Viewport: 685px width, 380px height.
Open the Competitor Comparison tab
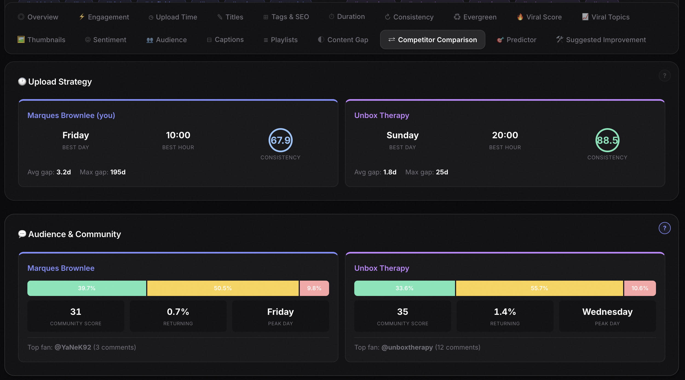432,40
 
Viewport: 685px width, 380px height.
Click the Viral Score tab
539,17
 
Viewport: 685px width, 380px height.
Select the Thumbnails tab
41,40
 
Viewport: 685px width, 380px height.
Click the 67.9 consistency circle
280,140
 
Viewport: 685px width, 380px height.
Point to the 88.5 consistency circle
607,140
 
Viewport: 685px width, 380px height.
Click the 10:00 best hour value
178,135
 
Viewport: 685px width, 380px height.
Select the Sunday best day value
402,135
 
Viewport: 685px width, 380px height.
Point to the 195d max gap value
118,172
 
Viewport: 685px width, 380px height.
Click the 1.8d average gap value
390,172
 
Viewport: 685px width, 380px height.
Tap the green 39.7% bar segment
87,288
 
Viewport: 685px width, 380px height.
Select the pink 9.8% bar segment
314,288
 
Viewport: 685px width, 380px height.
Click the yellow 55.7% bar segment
539,288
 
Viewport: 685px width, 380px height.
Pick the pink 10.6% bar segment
640,288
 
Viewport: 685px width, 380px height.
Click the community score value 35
402,312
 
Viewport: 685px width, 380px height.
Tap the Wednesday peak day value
607,312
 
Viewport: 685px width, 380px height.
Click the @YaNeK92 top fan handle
73,347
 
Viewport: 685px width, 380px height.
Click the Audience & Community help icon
664,228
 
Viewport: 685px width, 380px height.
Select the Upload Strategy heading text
60,82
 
